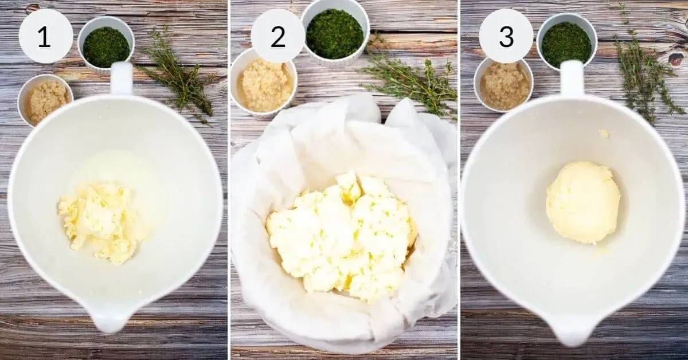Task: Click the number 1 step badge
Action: click(45, 37)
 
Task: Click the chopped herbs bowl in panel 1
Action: click(106, 46)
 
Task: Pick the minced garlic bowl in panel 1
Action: click(45, 100)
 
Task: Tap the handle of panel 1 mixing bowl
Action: click(121, 78)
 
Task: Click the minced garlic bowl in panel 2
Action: click(264, 84)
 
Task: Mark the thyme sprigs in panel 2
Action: click(410, 83)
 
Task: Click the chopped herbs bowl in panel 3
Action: click(566, 44)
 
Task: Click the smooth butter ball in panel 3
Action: click(583, 202)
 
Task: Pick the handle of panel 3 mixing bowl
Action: click(572, 78)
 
